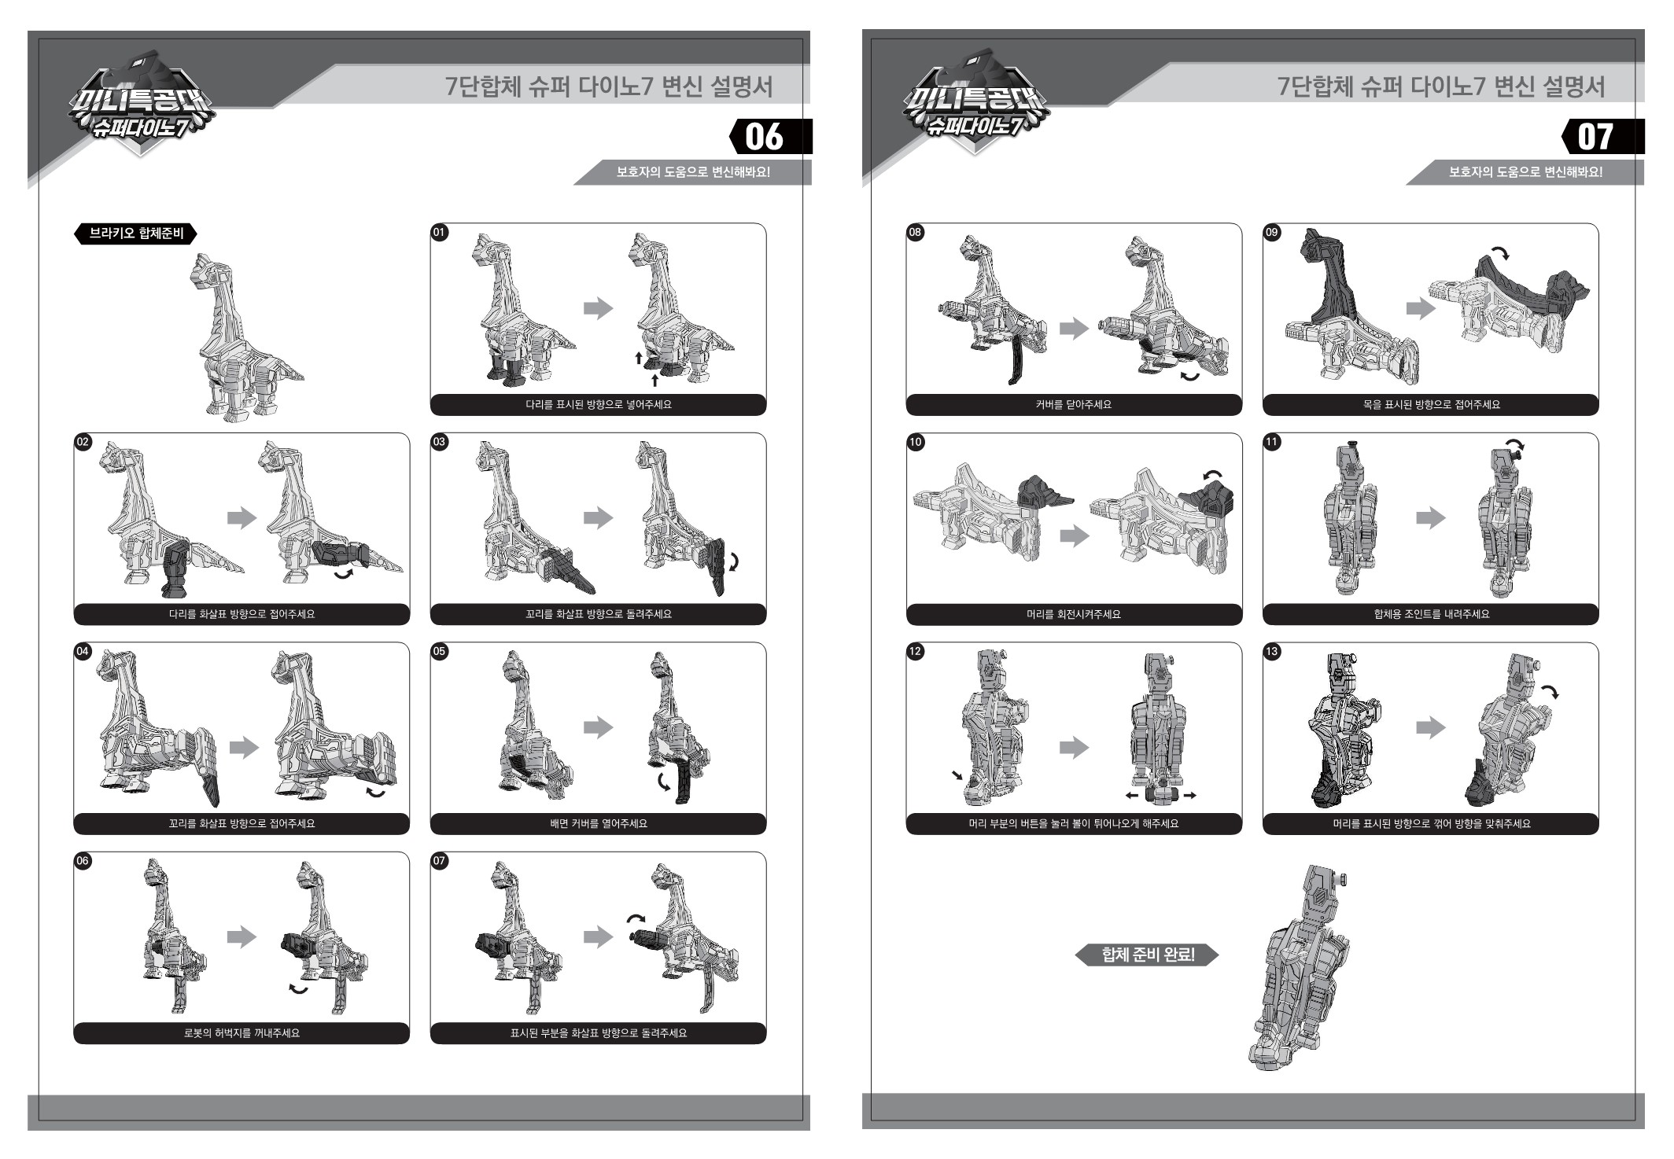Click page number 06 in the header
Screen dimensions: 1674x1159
764,137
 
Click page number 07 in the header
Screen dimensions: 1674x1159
1595,137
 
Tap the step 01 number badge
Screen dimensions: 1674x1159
439,232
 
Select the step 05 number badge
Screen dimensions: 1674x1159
439,651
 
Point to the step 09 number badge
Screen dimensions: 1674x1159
1271,232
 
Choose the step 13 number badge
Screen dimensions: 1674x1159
1271,651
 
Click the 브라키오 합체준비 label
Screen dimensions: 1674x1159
135,234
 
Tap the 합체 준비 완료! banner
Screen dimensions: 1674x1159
1147,955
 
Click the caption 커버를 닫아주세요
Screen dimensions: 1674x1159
1074,405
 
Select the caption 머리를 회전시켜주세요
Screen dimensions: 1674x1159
1074,614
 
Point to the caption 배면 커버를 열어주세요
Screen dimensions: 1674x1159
598,824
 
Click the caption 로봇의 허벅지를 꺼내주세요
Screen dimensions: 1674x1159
242,1033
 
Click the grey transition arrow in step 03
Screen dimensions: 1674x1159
598,517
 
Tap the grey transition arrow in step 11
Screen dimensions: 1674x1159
1431,517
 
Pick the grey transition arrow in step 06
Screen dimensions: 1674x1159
242,936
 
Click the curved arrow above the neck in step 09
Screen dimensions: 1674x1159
1501,252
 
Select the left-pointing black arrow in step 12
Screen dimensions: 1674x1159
1132,796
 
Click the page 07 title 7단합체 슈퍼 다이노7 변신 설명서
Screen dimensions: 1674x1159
1441,86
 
